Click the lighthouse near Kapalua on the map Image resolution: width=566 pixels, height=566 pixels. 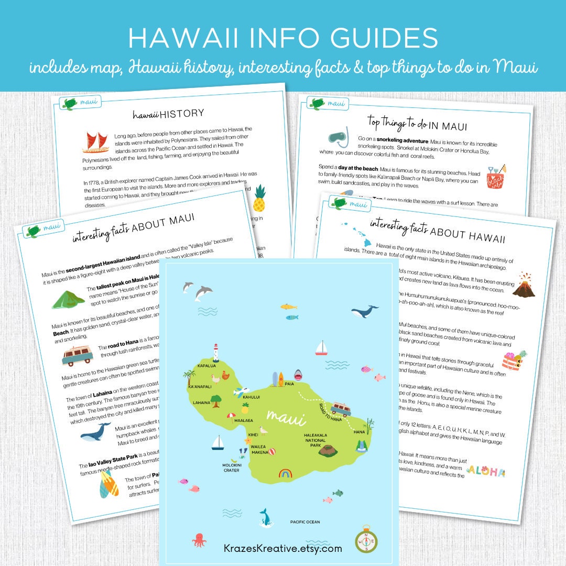pos(215,353)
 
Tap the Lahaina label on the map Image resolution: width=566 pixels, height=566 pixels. pos(201,403)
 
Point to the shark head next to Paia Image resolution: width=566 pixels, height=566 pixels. pos(298,375)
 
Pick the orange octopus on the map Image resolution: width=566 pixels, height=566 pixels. pos(199,540)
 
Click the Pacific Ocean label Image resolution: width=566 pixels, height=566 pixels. pos(305,522)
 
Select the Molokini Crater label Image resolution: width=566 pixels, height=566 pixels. pos(231,467)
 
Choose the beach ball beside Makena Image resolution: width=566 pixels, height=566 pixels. pos(271,451)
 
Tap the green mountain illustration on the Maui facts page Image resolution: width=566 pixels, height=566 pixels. pos(68,299)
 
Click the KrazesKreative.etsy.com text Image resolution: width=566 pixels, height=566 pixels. pos(284,549)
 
